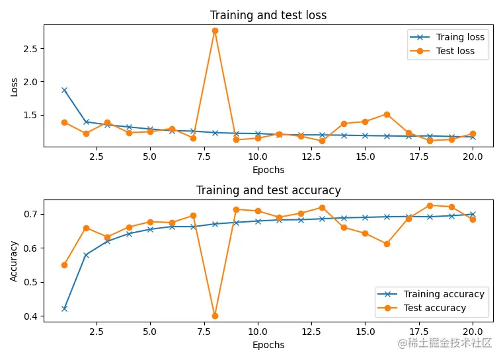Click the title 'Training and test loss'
click(268, 15)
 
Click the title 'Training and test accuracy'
click(268, 190)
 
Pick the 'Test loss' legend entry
click(455, 51)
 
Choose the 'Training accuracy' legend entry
click(444, 294)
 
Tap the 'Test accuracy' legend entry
click(434, 308)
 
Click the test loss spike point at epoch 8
click(215, 30)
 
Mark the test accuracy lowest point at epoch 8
click(215, 316)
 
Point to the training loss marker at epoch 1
click(64, 90)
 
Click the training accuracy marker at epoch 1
click(64, 308)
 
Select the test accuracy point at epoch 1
click(64, 265)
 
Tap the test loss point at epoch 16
click(387, 114)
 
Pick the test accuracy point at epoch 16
click(387, 244)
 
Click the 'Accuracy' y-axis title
click(15, 260)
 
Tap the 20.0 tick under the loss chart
click(473, 157)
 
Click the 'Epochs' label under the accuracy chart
click(268, 345)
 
